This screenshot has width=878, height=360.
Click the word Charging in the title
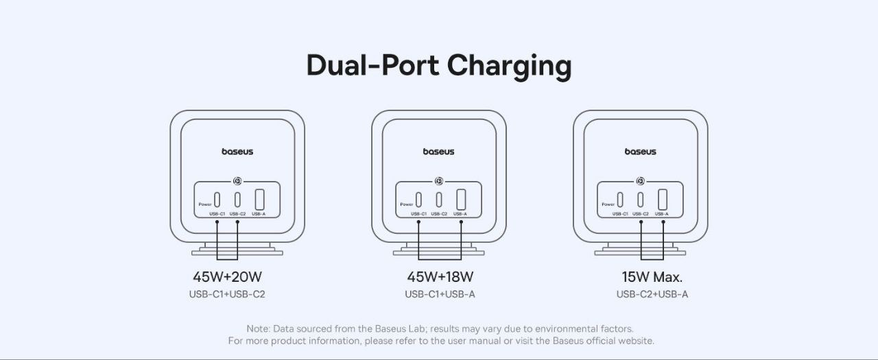(x=509, y=66)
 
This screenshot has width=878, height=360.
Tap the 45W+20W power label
(x=227, y=277)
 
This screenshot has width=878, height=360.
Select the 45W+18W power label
(x=440, y=277)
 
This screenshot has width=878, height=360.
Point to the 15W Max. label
(x=652, y=277)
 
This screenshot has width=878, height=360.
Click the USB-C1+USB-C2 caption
(x=227, y=294)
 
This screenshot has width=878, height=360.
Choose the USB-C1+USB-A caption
(x=440, y=294)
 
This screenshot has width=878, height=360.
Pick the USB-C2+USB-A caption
(x=652, y=294)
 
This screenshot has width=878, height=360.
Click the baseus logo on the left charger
(x=237, y=152)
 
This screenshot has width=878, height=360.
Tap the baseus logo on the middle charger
(x=438, y=152)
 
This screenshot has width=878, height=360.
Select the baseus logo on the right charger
(x=641, y=152)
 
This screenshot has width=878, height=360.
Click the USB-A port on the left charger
(x=259, y=200)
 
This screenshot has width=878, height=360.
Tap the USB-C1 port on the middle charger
(x=418, y=200)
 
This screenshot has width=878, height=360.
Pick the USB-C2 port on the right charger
(x=641, y=200)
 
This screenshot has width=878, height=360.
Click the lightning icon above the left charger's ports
(x=237, y=181)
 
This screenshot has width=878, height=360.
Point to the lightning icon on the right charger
(x=640, y=181)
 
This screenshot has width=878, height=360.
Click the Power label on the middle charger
(x=407, y=204)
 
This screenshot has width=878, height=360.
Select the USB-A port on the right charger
(x=663, y=200)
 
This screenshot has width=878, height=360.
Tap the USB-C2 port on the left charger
(x=237, y=200)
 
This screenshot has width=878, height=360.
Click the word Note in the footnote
(x=258, y=328)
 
